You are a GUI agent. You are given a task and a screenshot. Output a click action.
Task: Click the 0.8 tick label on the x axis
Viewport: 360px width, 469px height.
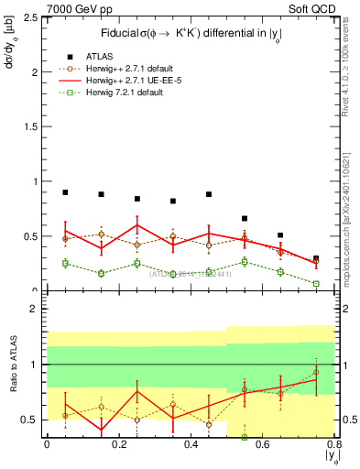(333, 444)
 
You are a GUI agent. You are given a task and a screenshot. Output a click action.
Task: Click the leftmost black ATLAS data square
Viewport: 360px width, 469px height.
(65, 192)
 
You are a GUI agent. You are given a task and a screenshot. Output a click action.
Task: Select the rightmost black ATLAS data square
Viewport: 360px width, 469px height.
(316, 258)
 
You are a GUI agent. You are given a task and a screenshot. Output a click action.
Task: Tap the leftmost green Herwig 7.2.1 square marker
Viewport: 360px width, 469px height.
(65, 263)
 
